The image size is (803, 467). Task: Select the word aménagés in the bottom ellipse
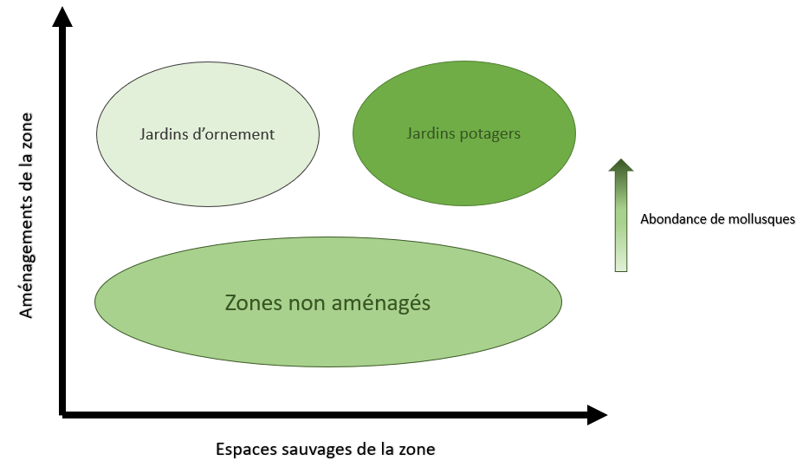[382, 304]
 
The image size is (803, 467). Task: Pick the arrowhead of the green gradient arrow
[621, 166]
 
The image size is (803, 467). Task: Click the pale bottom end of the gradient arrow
[621, 265]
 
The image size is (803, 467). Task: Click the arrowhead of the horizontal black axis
[596, 415]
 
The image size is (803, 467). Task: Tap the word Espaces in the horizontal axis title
[242, 450]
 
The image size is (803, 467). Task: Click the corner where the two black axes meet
[63, 415]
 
